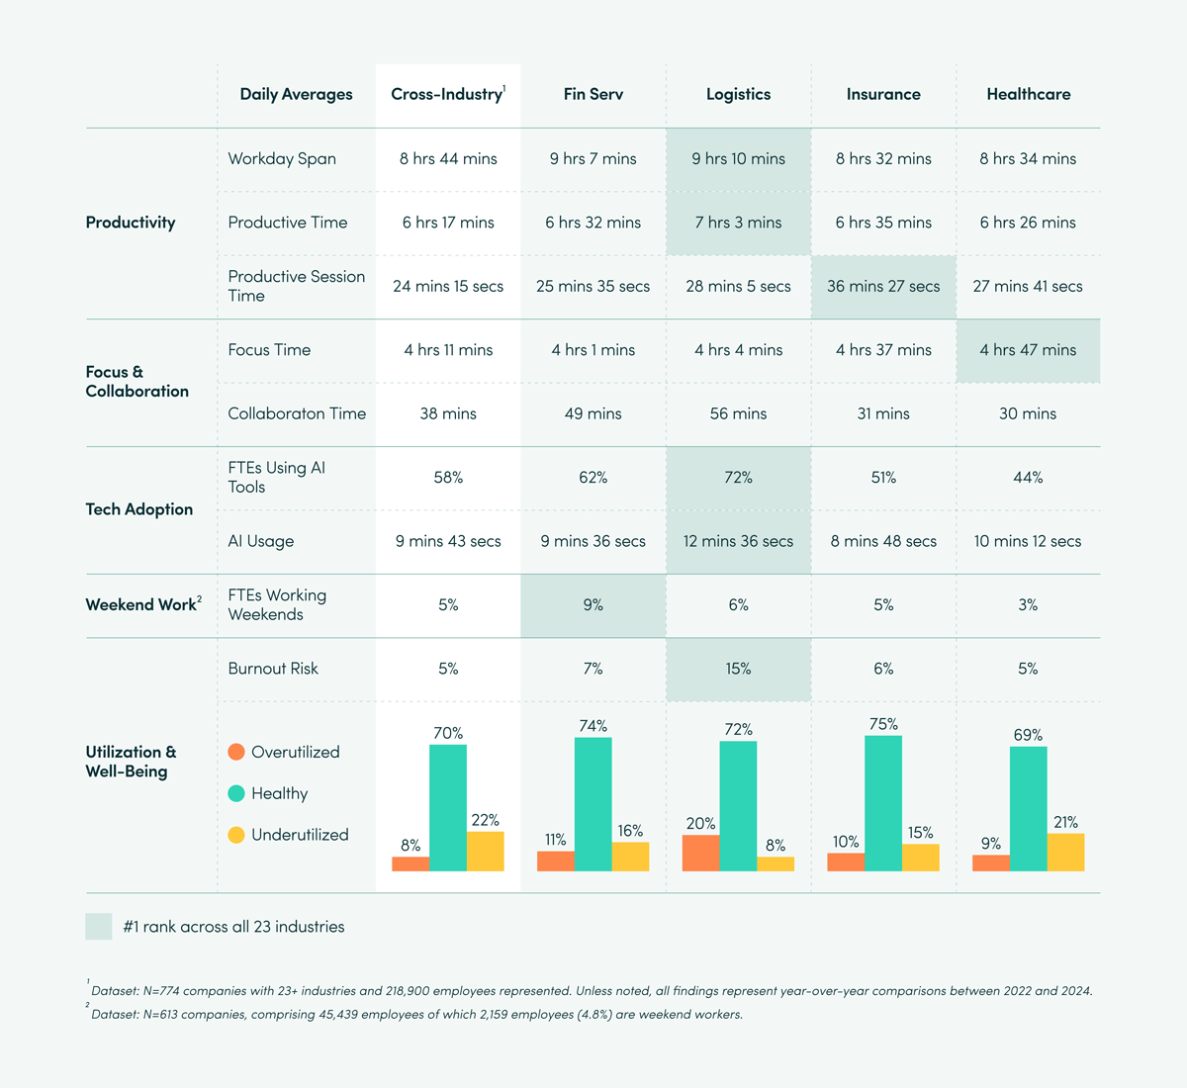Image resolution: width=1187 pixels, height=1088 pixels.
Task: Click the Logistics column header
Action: (x=738, y=95)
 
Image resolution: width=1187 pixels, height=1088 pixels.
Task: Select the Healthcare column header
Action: (x=1028, y=95)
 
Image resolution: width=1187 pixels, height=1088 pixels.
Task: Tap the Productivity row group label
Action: (x=131, y=223)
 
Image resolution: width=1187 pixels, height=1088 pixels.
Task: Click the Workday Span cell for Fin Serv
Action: (x=593, y=159)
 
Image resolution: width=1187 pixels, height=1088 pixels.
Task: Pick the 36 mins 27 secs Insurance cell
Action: (x=883, y=287)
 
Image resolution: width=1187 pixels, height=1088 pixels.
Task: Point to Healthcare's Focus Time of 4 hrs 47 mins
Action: (x=1028, y=350)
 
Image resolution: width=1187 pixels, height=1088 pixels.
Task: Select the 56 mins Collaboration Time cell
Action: (x=738, y=414)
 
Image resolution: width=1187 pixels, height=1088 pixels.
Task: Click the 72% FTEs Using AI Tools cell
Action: (x=738, y=478)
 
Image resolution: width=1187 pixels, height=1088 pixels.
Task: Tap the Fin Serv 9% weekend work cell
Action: (x=593, y=605)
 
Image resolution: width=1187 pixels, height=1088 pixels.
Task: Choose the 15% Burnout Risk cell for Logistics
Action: (x=738, y=670)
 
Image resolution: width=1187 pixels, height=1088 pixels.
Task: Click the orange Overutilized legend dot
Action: (x=236, y=752)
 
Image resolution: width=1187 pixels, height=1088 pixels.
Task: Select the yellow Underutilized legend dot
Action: (x=236, y=835)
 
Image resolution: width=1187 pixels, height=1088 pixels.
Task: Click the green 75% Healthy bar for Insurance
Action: (x=882, y=803)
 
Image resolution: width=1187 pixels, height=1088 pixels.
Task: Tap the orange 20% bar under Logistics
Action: (x=700, y=853)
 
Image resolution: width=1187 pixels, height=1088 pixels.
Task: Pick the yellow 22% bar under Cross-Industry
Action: (x=485, y=851)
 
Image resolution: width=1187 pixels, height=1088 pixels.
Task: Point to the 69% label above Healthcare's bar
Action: (x=1028, y=735)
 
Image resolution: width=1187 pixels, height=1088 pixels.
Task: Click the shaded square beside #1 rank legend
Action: (x=99, y=927)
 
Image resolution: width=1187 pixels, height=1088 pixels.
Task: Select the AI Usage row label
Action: (x=261, y=542)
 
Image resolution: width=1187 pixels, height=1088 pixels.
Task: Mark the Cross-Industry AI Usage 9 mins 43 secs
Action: (x=448, y=542)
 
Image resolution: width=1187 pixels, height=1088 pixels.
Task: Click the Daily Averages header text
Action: (x=296, y=95)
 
